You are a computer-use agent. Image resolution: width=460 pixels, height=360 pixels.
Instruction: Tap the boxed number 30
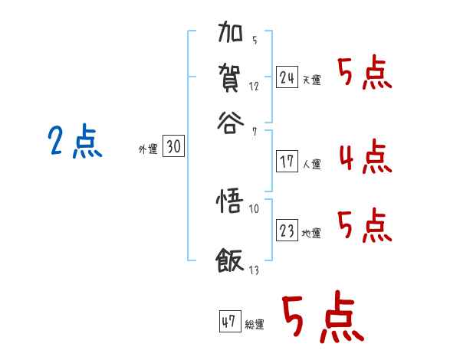(173, 148)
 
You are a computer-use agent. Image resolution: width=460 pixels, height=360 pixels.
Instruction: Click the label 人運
(311, 164)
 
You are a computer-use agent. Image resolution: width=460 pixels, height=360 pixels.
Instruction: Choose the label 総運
(255, 325)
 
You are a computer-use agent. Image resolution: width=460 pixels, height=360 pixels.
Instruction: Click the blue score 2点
(74, 142)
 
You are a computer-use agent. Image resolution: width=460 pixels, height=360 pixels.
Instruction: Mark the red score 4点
(364, 157)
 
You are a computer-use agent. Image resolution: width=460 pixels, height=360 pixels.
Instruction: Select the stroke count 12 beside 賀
(254, 86)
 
